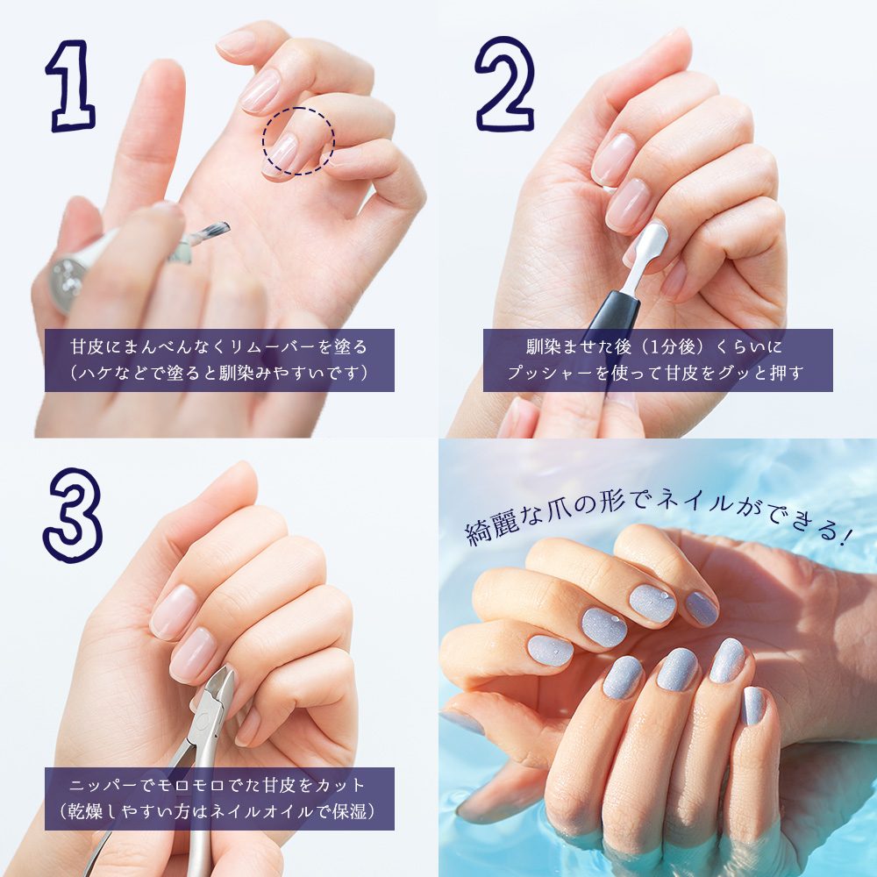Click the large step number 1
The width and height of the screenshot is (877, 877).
click(x=71, y=84)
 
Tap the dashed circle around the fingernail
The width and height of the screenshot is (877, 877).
click(x=298, y=140)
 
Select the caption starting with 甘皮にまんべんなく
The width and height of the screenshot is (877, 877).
click(x=219, y=360)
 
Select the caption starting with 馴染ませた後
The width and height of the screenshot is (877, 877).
click(x=657, y=360)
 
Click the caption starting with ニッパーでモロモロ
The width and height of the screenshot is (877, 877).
click(x=219, y=798)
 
